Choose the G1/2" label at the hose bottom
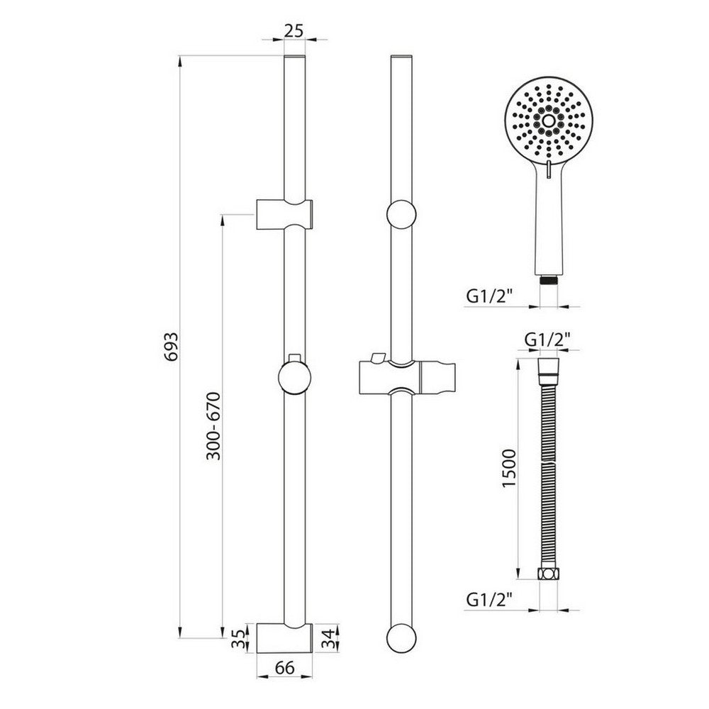point(490,598)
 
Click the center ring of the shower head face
point(547,121)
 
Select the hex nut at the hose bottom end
point(547,574)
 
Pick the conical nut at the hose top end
point(547,367)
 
